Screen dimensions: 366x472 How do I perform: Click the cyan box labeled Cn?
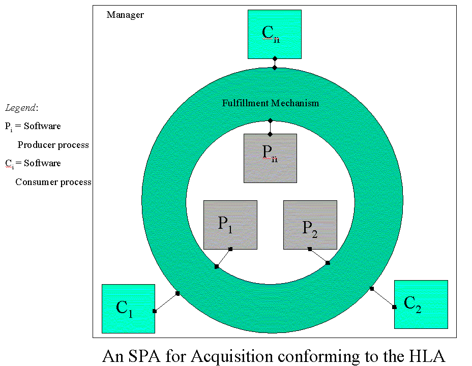coord(274,34)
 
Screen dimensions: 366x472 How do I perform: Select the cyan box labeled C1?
coord(128,309)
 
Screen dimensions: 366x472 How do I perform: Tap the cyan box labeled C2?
coord(421,304)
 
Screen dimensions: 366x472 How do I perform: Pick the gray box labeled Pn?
coord(270,158)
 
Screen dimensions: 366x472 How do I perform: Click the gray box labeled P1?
coord(230,225)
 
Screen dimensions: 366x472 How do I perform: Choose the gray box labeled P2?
coord(310,225)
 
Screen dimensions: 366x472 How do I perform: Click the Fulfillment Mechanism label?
coord(271,103)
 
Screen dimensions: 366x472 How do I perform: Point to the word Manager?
coord(125,15)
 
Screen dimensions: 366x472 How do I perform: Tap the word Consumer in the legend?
coord(35,182)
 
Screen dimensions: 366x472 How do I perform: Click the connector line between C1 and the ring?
coord(166,302)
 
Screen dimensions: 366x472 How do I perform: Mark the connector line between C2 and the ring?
coord(383,298)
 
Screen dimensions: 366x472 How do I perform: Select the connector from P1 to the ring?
coord(223,258)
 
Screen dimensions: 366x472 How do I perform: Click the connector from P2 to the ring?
coord(318,256)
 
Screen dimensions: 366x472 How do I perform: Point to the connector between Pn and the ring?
coord(270,127)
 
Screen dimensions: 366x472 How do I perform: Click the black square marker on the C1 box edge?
coord(154,311)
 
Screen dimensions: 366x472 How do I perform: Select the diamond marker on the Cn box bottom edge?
coord(275,59)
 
